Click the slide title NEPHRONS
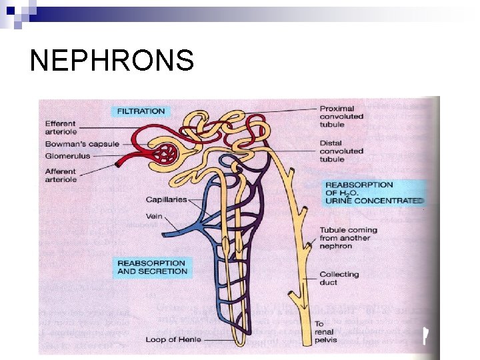tap(111, 61)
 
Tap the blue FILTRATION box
tap(141, 111)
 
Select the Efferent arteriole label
tap(61, 127)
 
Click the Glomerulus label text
tap(67, 156)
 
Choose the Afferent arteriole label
tap(61, 175)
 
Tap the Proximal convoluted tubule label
tap(341, 117)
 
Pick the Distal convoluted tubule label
tap(341, 151)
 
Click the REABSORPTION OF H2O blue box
tap(373, 192)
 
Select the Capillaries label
tap(167, 199)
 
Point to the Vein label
tap(155, 216)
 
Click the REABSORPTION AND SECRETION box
tap(152, 267)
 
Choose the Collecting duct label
tap(338, 278)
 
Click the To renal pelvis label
tap(328, 332)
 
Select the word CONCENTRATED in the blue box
tap(393, 201)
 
